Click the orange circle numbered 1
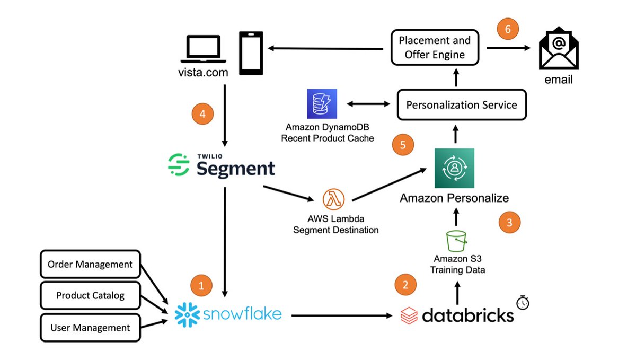[x=201, y=286]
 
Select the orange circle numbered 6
[x=507, y=30]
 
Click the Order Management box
[x=90, y=264]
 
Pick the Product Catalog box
[x=90, y=295]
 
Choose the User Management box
[x=90, y=328]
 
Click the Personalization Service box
[x=462, y=105]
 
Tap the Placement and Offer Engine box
[x=435, y=48]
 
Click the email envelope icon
[x=558, y=51]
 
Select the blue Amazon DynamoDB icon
[x=322, y=103]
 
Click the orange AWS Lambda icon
[x=333, y=200]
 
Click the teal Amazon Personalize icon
[x=454, y=168]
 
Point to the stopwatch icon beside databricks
[x=523, y=302]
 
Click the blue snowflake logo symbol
[x=186, y=315]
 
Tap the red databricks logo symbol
[x=409, y=315]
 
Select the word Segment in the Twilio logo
[x=236, y=168]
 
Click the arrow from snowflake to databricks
[x=339, y=316]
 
